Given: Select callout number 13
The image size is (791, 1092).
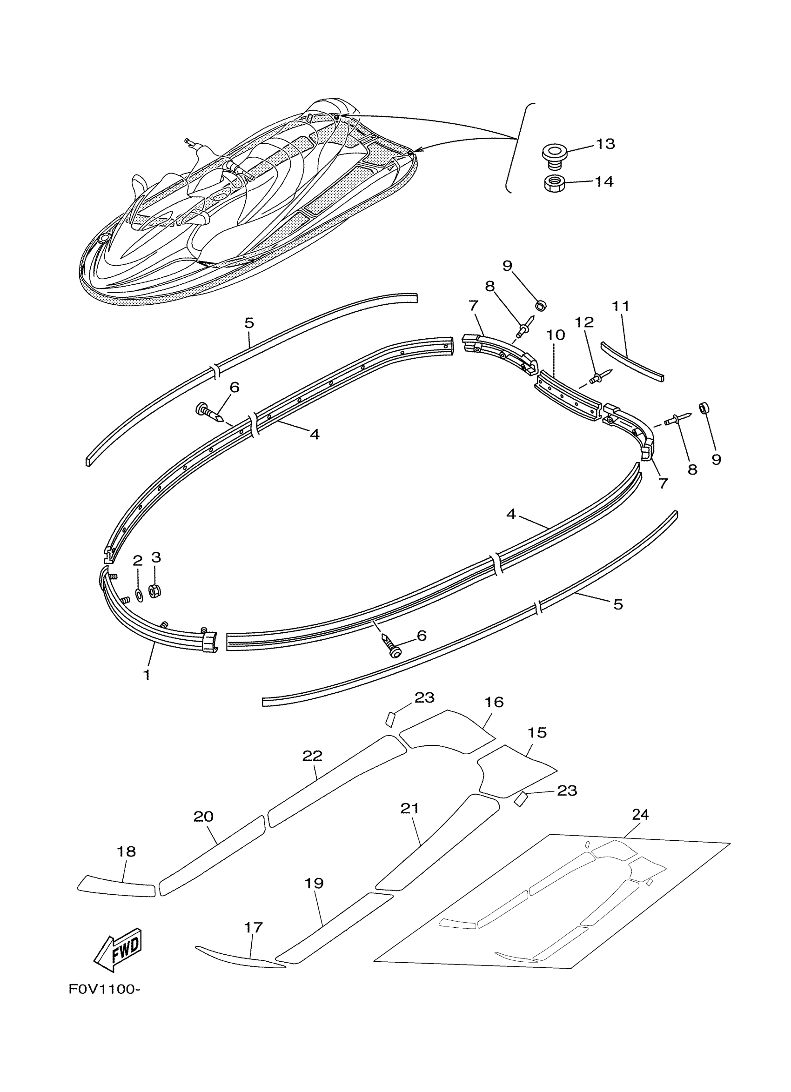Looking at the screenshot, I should (605, 144).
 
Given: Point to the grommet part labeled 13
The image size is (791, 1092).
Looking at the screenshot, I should (554, 155).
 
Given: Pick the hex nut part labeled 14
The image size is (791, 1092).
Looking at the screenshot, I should (553, 183).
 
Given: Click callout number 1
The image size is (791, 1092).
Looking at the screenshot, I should (147, 675).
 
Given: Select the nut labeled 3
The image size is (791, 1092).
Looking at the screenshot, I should (154, 590).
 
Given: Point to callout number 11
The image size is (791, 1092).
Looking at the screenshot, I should (621, 306).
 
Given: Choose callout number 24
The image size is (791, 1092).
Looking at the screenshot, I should (640, 815).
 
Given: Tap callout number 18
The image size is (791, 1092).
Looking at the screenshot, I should (126, 852).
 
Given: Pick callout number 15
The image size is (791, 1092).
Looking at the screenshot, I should (537, 733).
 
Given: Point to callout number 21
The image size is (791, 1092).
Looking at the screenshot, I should (410, 808).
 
